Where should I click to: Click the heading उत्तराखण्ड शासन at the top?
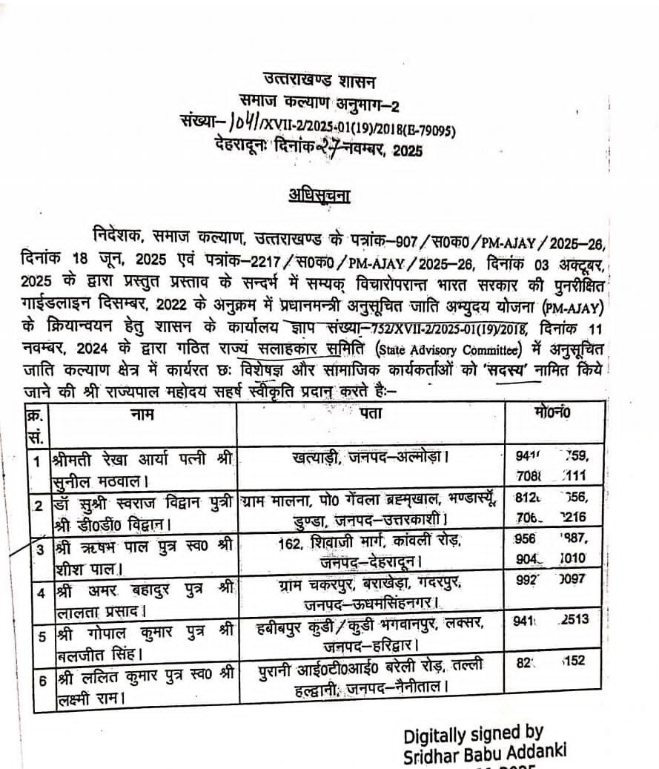(319, 79)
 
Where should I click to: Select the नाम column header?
(142, 415)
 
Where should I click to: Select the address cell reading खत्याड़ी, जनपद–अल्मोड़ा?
(370, 458)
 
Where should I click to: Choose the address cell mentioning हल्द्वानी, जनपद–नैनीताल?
(370, 681)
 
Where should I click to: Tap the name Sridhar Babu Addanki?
(485, 754)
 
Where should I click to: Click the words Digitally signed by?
(474, 734)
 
